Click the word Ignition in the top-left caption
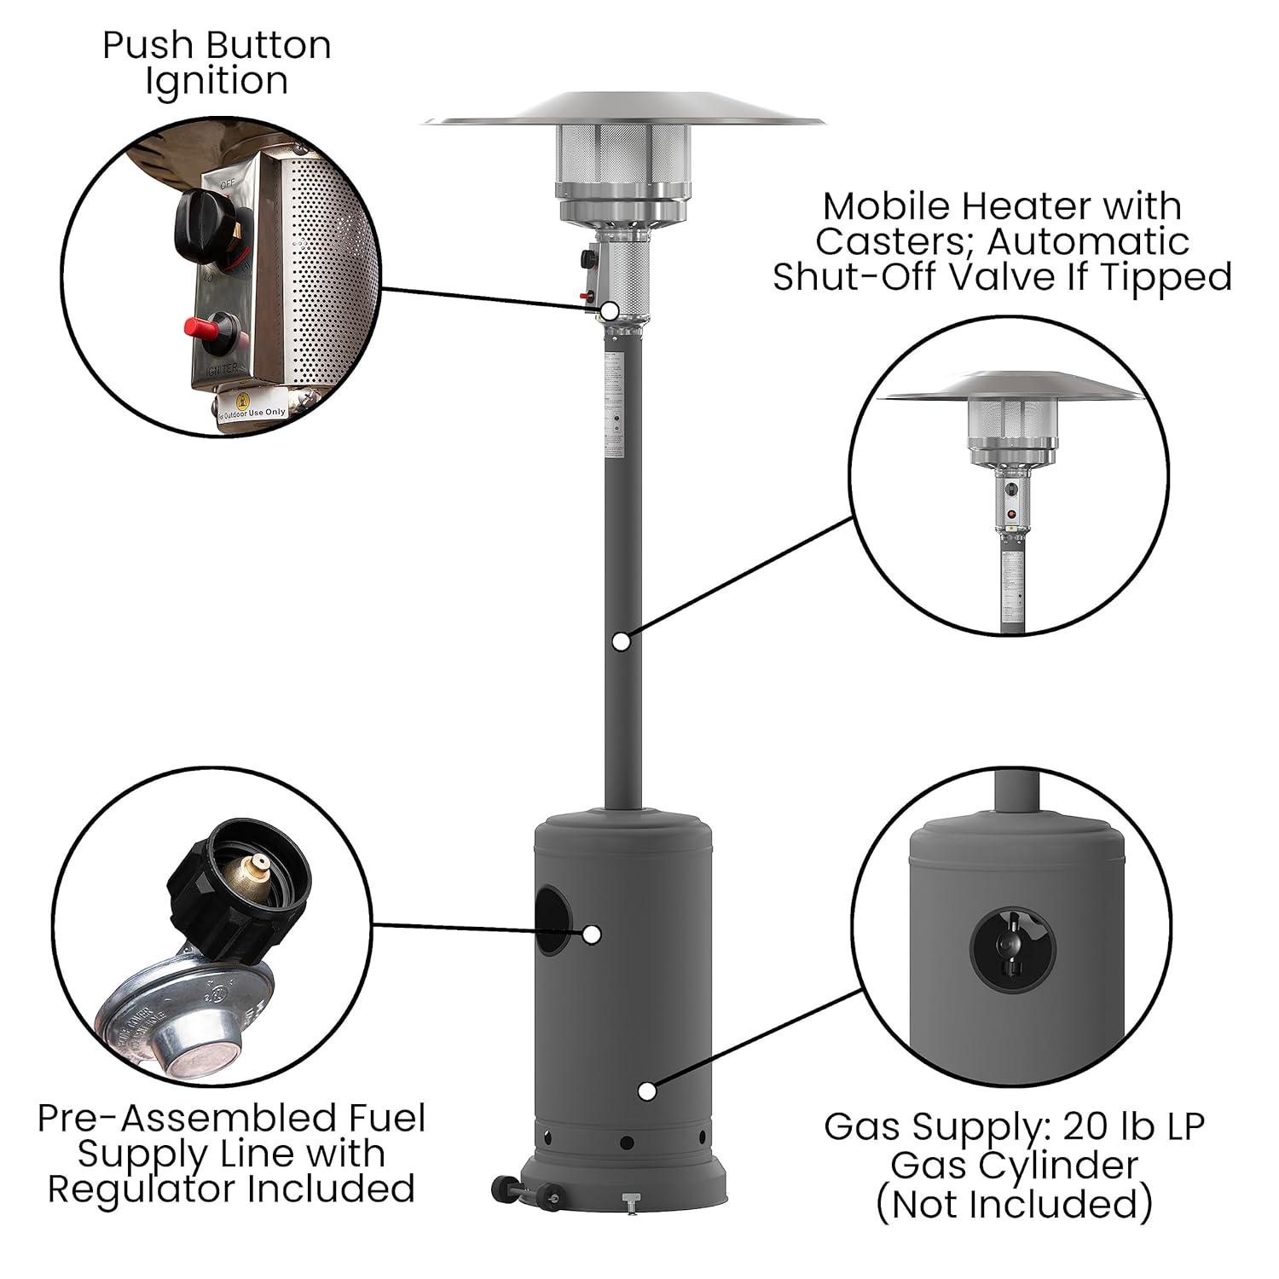217,83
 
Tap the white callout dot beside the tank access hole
591,935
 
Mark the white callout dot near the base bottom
647,1091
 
